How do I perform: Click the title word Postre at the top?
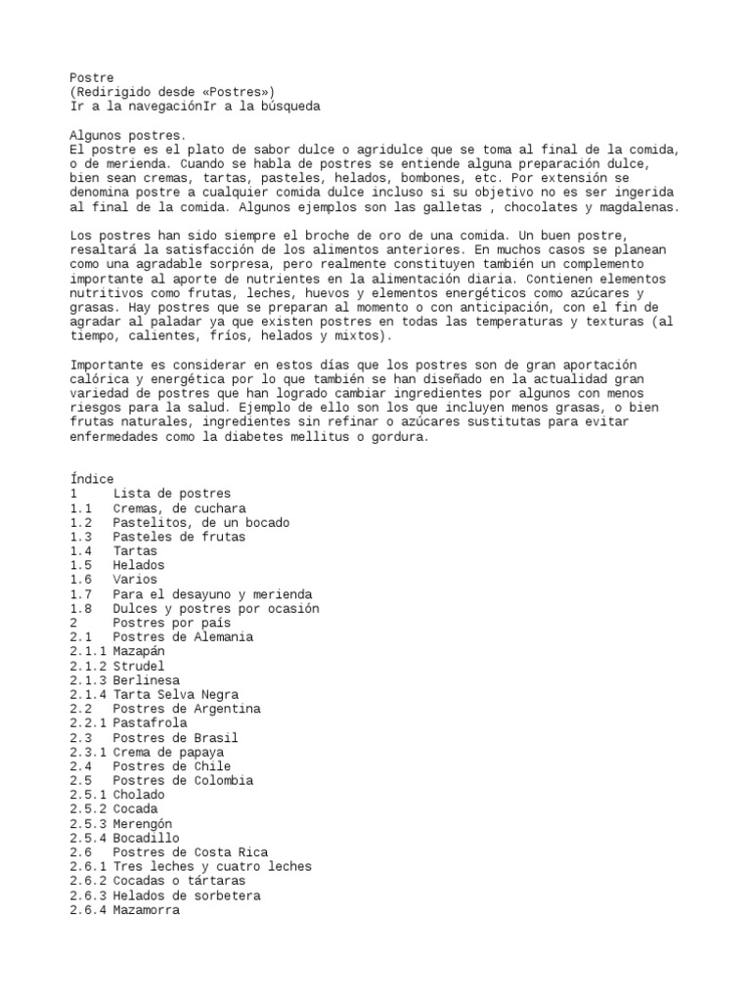tap(92, 77)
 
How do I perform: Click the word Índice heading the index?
tap(92, 479)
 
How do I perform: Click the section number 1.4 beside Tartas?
tap(81, 551)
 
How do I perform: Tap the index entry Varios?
tap(135, 580)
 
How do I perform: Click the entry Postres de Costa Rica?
tap(191, 852)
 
